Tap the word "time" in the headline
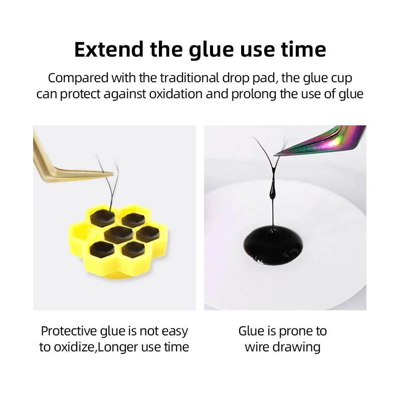coord(301,50)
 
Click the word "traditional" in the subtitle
coord(185,78)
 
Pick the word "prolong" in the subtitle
coord(254,94)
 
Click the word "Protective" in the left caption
coord(69,331)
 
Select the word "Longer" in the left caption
coord(119,347)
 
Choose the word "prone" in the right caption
coord(296,331)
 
